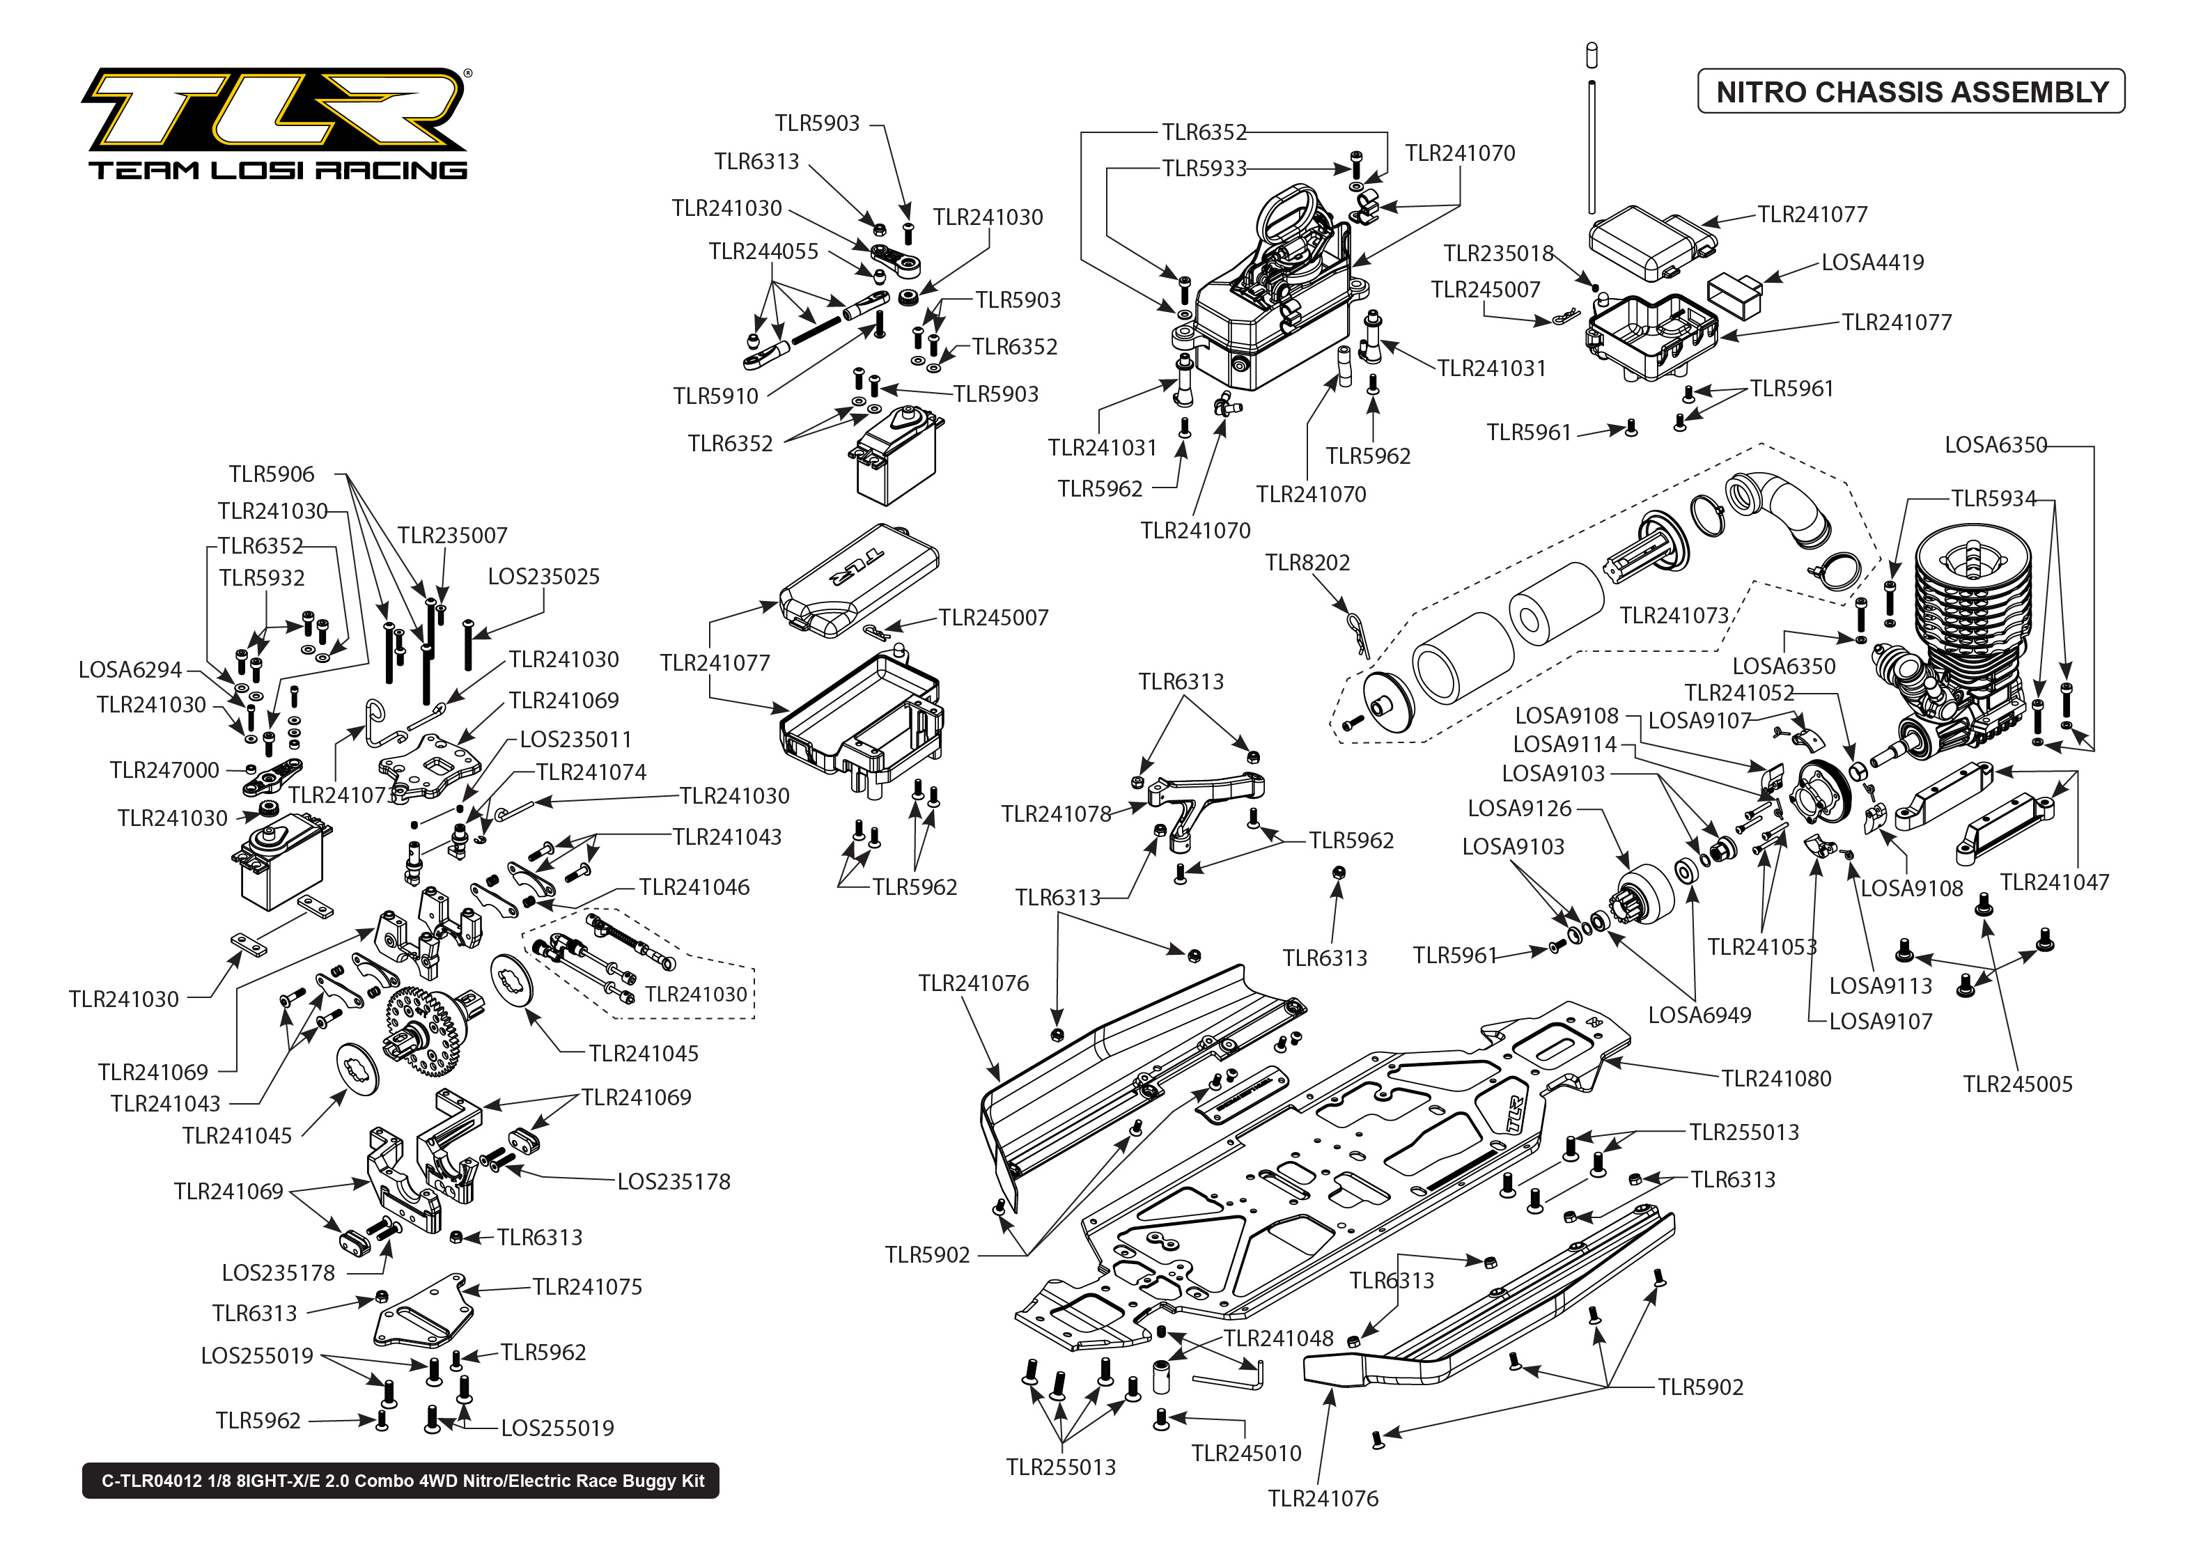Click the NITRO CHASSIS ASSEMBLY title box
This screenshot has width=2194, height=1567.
point(1911,92)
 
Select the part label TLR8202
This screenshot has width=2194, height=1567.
point(1307,563)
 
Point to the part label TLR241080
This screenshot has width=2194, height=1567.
point(1775,1079)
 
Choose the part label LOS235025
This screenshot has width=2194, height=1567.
point(543,577)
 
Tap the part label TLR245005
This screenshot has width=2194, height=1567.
point(2018,1084)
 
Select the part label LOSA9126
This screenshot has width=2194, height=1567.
point(1518,809)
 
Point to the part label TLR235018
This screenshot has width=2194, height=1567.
point(1497,254)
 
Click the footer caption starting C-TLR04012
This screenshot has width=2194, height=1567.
point(401,1481)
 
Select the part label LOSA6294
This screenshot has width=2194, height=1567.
point(130,671)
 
